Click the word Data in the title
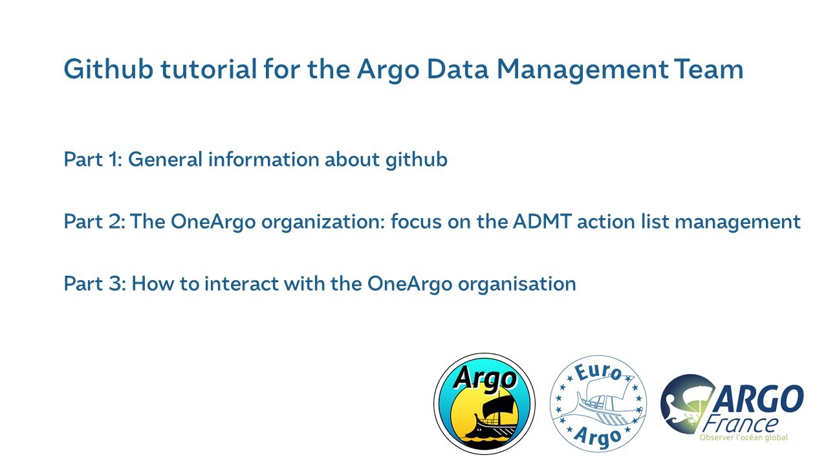pyautogui.click(x=459, y=69)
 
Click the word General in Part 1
pyautogui.click(x=165, y=159)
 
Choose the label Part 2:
pyautogui.click(x=94, y=222)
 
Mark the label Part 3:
pyautogui.click(x=94, y=284)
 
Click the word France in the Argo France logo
pyautogui.click(x=744, y=424)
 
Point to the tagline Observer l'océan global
pyautogui.click(x=744, y=438)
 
